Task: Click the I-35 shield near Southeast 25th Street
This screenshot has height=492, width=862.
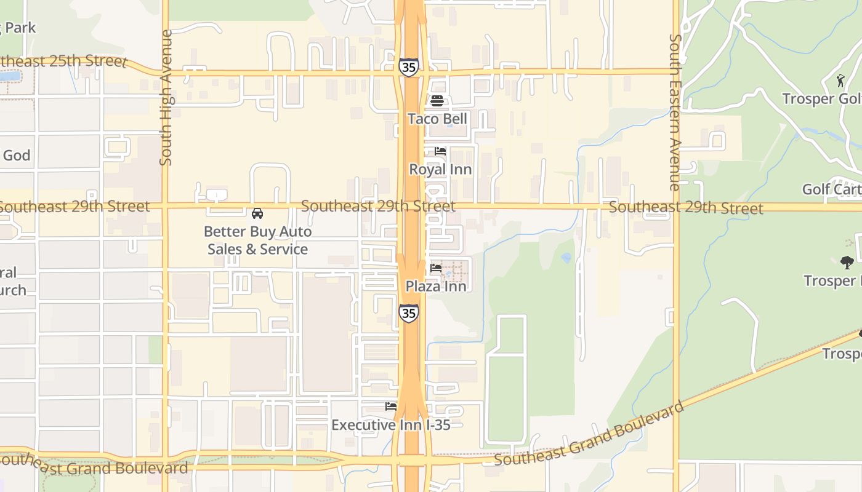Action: [408, 67]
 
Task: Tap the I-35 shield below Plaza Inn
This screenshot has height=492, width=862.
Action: [408, 313]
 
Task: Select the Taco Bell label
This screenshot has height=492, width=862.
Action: [437, 119]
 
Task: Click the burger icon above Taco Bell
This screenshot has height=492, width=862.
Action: [437, 101]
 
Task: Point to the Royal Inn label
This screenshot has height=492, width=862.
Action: [440, 169]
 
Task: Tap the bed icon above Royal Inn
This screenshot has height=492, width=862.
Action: [440, 151]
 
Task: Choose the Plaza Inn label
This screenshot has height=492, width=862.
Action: [435, 286]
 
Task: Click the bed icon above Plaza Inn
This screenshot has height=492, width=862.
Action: [436, 268]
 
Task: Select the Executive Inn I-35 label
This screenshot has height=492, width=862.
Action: [391, 425]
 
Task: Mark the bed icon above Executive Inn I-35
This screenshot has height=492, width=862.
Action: [391, 407]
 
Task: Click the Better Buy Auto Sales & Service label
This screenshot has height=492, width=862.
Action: [257, 240]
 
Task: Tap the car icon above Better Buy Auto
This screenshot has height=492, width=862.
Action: [257, 213]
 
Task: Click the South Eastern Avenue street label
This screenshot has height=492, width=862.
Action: [675, 112]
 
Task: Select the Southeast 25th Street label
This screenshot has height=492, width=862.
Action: [62, 61]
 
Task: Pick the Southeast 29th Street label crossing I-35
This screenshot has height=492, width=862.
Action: [378, 206]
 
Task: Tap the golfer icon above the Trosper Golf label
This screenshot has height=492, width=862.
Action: [840, 81]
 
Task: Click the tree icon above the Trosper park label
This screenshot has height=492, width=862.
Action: [847, 263]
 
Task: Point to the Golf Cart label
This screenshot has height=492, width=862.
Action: [831, 189]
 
